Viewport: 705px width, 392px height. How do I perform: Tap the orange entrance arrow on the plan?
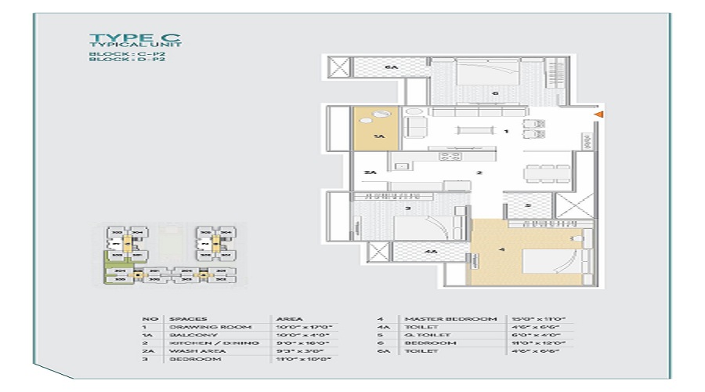(x=598, y=116)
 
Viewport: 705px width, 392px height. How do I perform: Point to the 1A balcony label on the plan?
(x=378, y=136)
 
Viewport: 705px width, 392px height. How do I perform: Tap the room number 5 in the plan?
(x=528, y=206)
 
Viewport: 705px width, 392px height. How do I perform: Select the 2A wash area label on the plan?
(x=371, y=172)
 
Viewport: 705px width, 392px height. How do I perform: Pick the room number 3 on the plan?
(x=408, y=209)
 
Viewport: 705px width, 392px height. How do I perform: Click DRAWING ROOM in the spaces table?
(x=199, y=326)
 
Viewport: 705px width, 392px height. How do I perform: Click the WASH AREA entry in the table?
(x=193, y=350)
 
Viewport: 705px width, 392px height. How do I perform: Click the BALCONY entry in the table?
(x=188, y=335)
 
